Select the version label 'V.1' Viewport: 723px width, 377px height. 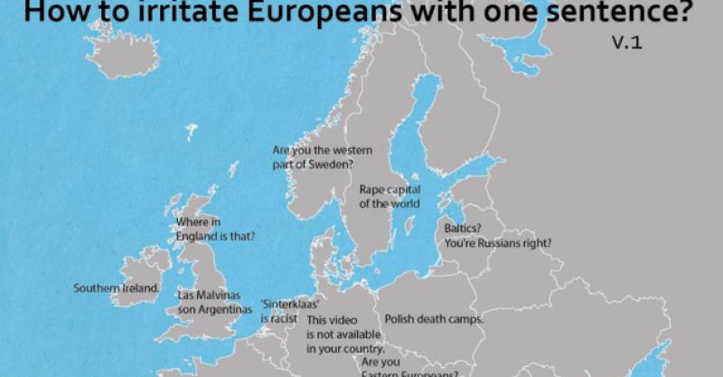[625, 42]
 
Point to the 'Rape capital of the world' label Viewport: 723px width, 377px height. [390, 196]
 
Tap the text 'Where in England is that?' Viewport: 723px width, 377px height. [214, 229]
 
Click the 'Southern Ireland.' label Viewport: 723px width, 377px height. [117, 288]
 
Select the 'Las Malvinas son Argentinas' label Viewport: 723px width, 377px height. [215, 302]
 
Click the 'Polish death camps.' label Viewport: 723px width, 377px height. [434, 319]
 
